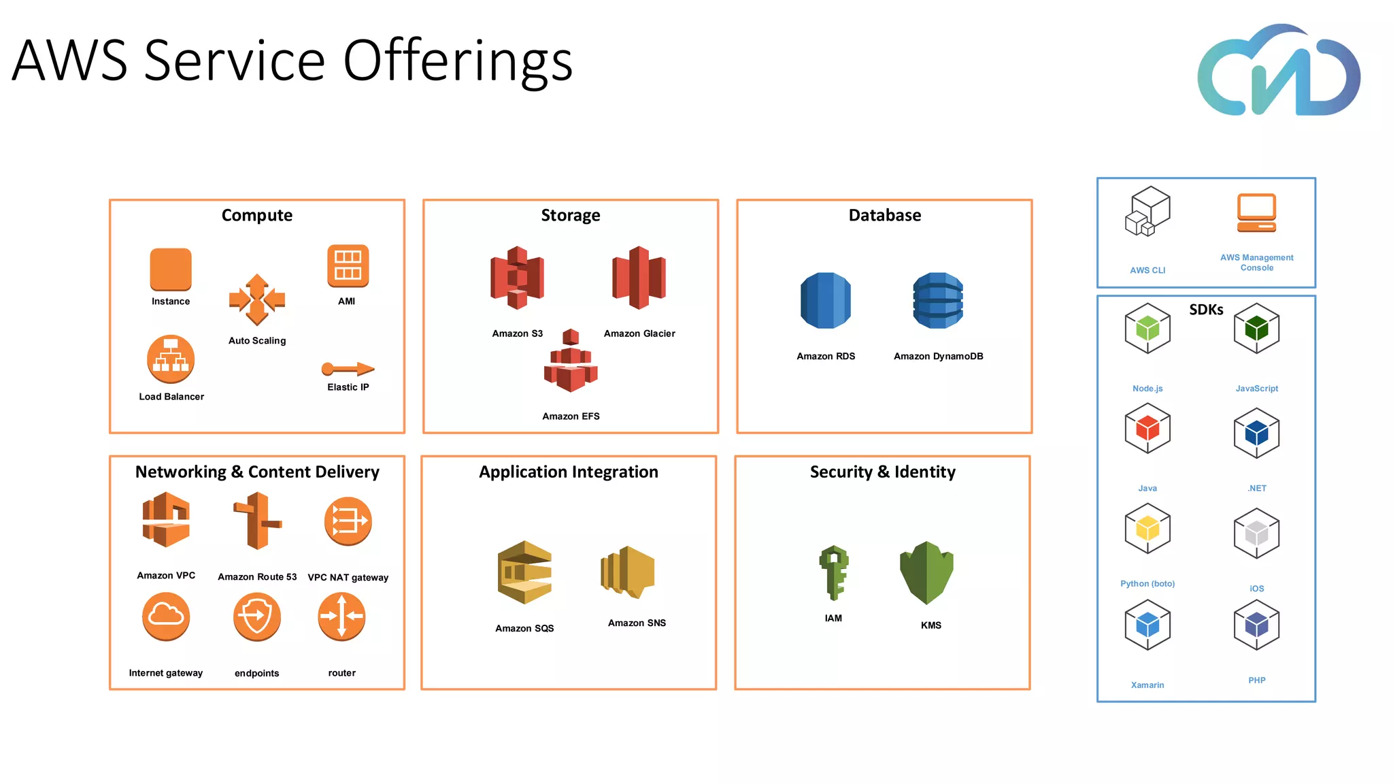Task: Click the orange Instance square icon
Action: point(171,269)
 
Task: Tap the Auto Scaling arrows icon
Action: point(257,299)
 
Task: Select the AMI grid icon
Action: point(348,265)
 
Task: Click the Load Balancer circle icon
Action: point(171,359)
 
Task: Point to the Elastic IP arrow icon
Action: point(348,369)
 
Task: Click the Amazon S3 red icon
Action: point(517,278)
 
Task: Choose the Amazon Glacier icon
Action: point(639,278)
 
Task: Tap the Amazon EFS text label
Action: point(571,416)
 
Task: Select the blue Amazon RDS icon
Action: point(826,301)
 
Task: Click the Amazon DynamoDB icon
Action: point(938,301)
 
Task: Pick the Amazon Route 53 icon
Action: point(256,521)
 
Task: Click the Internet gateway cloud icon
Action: point(166,617)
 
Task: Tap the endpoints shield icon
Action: point(256,617)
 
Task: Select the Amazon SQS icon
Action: point(524,572)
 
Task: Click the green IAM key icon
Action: point(834,572)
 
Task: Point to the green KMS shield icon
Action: point(927,572)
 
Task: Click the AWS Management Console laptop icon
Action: point(1256,213)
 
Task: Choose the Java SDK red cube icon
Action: point(1147,429)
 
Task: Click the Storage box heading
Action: point(571,215)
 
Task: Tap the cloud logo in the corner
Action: point(1279,71)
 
